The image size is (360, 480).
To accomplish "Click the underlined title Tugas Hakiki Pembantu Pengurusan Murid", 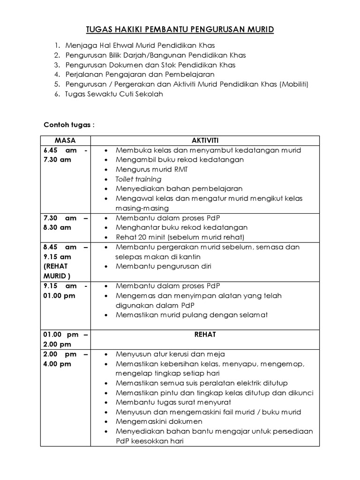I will [180, 30].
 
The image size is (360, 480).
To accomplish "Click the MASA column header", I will [65, 141].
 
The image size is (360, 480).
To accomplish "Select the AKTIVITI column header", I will [204, 141].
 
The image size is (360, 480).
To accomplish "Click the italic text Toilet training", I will [138, 179].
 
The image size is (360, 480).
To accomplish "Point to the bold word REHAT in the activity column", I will [204, 335].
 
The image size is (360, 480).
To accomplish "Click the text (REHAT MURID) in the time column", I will [57, 271].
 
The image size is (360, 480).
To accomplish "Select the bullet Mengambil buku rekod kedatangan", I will [180, 160].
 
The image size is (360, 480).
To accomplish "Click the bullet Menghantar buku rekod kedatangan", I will [181, 227].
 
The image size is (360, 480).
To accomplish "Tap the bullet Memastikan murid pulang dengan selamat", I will [191, 315].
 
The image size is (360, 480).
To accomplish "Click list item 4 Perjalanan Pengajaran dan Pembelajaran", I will [140, 75].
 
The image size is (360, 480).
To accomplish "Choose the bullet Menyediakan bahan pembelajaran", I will [179, 188].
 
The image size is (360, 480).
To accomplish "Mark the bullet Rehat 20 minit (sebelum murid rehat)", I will [180, 237].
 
